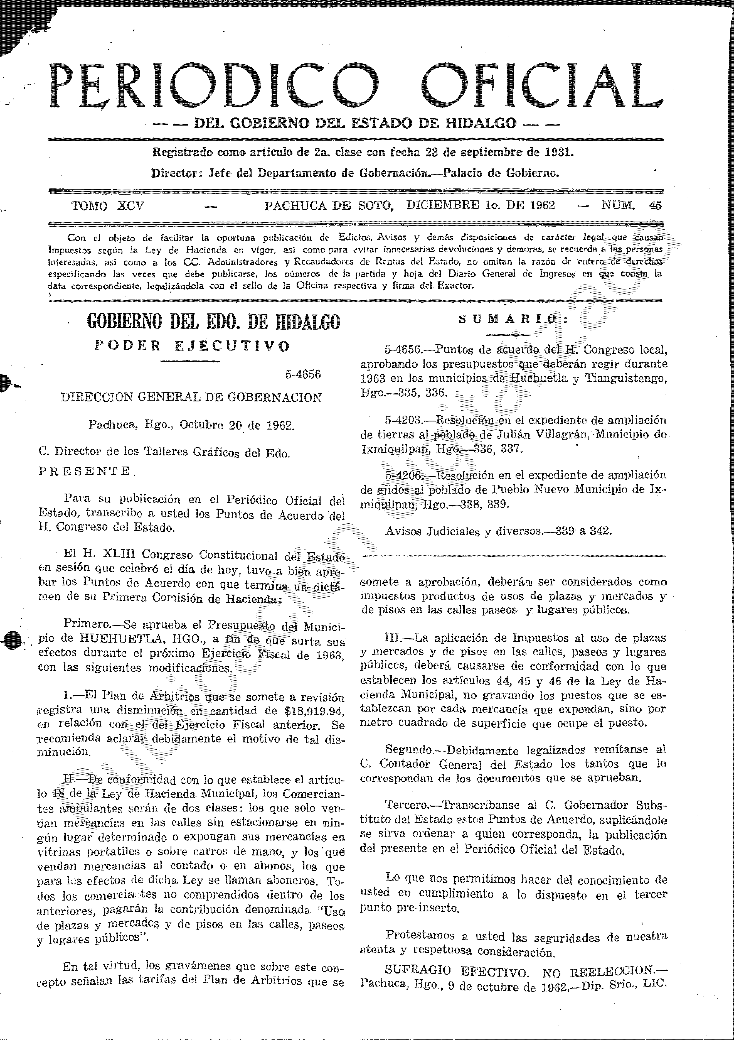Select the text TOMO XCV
(x=107, y=206)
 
